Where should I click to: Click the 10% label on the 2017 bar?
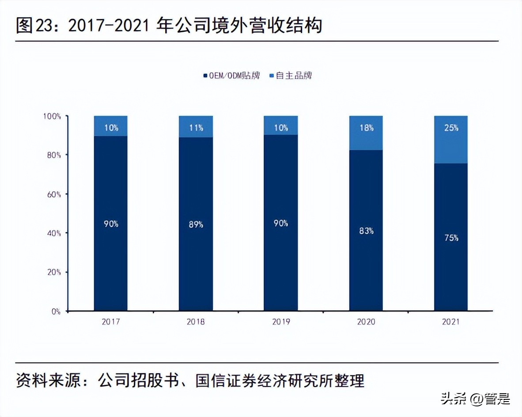(111, 128)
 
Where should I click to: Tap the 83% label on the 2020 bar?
(366, 231)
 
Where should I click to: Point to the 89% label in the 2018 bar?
(196, 224)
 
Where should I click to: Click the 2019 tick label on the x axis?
(281, 322)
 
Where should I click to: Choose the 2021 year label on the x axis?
(451, 322)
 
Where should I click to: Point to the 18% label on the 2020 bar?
(366, 128)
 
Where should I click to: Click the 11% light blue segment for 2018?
(196, 127)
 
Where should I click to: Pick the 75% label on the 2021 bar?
(451, 238)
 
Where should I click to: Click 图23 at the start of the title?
(31, 26)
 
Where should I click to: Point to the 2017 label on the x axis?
(111, 322)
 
